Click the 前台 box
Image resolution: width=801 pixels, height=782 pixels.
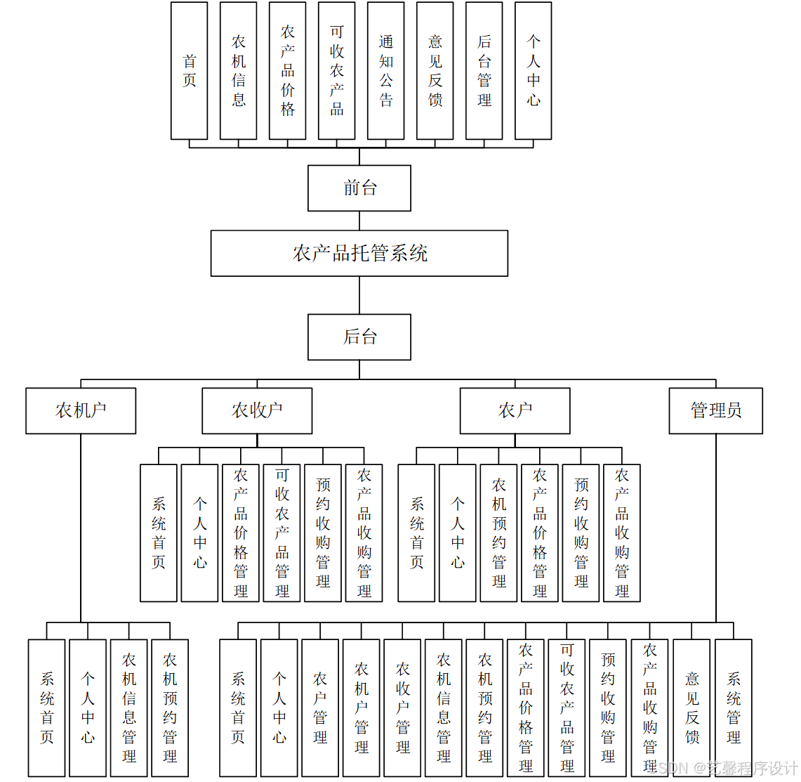coord(359,188)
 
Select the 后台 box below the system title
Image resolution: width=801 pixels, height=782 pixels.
coord(359,337)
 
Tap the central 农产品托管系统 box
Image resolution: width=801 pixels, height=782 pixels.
coord(359,254)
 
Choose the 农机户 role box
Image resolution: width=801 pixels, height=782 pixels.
coord(81,410)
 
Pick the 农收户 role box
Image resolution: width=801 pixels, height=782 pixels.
coord(257,410)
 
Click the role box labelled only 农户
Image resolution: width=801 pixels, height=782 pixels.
coord(515,410)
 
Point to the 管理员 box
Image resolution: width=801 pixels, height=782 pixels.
coord(715,410)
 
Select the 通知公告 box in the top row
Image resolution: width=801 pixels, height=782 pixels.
coord(385,70)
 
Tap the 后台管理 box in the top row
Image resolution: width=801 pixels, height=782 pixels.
coord(484,70)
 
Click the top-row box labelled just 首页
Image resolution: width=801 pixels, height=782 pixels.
coord(189,70)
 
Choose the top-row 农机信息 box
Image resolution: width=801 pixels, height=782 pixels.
coord(238,70)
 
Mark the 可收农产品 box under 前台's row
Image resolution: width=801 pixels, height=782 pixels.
coord(336,70)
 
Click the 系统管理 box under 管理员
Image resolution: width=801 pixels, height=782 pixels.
coord(733,707)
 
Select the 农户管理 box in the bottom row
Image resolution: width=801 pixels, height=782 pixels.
coord(320,707)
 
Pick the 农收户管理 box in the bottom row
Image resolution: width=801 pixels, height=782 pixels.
coord(402,707)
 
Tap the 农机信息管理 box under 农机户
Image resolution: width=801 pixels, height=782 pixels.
coord(129,707)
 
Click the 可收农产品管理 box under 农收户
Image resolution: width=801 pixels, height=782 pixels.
coord(282,533)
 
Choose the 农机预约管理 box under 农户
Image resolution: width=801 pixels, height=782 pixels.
coord(498,533)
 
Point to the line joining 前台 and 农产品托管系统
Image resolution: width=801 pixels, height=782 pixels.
coord(359,221)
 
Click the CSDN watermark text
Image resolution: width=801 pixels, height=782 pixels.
coord(723,767)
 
